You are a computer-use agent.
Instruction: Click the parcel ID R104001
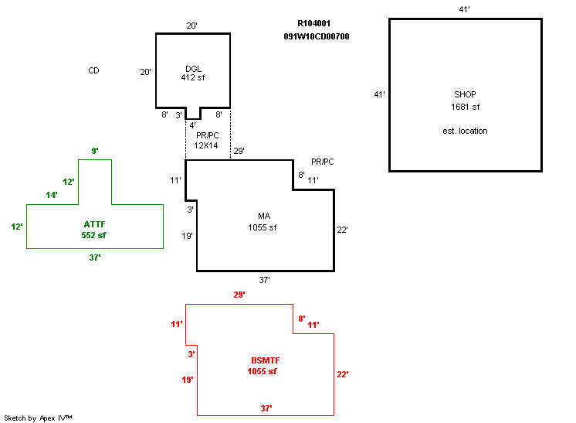(x=314, y=24)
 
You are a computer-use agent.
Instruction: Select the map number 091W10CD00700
(x=317, y=36)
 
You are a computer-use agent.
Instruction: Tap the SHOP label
(x=466, y=94)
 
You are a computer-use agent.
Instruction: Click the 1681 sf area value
(x=466, y=107)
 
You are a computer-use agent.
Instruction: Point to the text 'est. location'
(x=466, y=131)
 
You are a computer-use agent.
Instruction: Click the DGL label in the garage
(x=193, y=67)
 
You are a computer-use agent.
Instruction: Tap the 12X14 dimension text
(x=207, y=145)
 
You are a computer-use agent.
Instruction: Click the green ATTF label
(x=94, y=224)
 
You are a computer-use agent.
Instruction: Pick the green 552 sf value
(x=94, y=235)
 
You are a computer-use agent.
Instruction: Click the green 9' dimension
(x=94, y=152)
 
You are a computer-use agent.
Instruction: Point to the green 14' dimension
(x=52, y=195)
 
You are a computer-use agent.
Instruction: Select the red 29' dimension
(x=239, y=295)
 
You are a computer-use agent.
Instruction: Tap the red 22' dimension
(x=343, y=374)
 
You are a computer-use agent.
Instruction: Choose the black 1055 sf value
(x=263, y=227)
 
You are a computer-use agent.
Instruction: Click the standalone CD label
(x=93, y=71)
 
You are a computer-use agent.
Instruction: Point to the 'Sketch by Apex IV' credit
(x=39, y=418)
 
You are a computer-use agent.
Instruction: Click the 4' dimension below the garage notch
(x=193, y=125)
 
